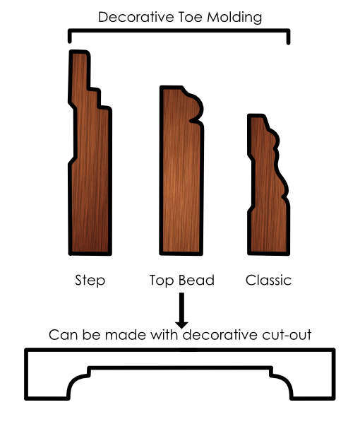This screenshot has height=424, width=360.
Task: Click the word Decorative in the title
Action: click(136, 17)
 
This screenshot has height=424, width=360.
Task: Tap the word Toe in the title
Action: click(190, 17)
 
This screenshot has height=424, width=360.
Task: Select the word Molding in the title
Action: click(234, 17)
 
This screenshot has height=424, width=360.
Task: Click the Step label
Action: click(90, 281)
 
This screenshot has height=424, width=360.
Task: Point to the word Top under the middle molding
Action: click(161, 281)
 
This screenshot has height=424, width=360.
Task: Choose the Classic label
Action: click(268, 280)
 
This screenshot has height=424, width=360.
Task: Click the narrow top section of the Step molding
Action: click(80, 70)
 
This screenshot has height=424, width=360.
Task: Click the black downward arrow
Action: click(181, 310)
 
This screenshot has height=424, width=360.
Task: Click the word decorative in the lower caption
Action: click(220, 335)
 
